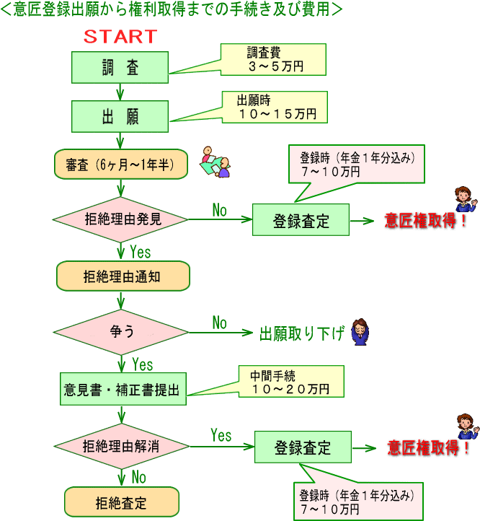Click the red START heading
coord(120,37)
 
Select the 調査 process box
coord(120,67)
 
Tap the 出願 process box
coord(120,116)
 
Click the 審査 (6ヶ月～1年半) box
coord(121,164)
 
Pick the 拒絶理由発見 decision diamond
coord(120,219)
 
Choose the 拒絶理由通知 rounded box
coord(123,276)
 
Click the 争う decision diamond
coord(121,332)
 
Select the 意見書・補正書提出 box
coord(123,389)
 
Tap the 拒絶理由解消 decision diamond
coord(122,446)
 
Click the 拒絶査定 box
coord(122,502)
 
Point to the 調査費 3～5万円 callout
coord(273,59)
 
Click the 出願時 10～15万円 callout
coord(275,107)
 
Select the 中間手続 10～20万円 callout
coord(291,382)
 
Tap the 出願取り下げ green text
coord(302,333)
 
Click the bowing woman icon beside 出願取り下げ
coord(360,332)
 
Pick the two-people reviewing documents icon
coord(215,162)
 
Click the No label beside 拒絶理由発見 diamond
coord(219,210)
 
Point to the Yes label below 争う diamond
coord(143,364)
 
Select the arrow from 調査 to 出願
coord(120,92)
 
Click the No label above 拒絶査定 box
coord(139,478)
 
